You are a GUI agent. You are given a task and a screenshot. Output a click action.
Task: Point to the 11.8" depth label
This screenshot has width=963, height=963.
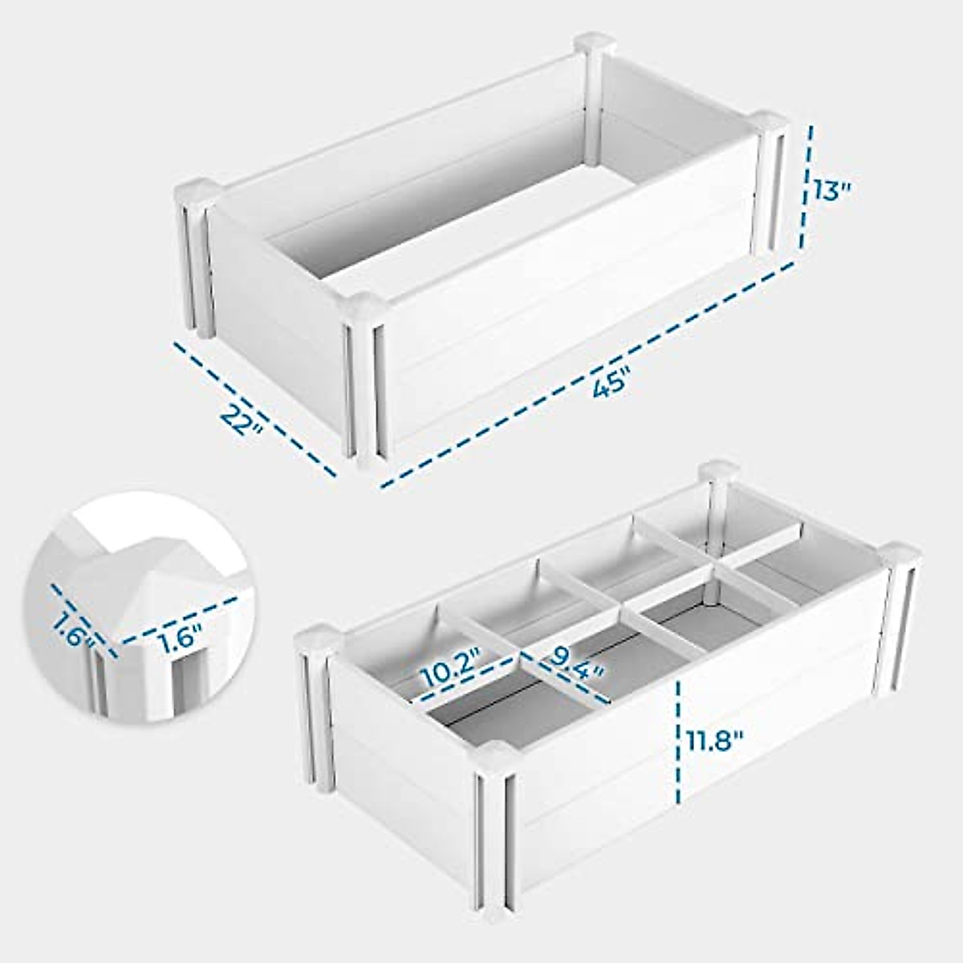[x=714, y=737]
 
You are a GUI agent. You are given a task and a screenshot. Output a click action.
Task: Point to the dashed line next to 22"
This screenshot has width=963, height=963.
[x=255, y=408]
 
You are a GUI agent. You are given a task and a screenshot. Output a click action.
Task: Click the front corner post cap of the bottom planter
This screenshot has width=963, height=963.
[x=496, y=756]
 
